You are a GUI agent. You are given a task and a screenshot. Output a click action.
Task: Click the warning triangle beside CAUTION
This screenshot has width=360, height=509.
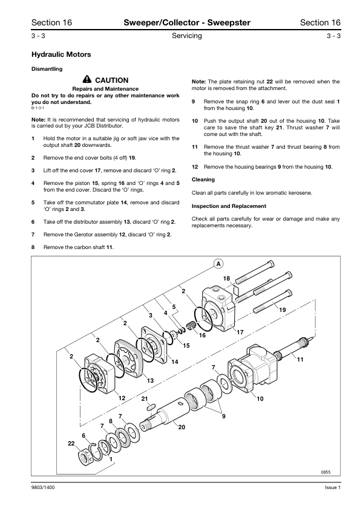pyautogui.click(x=87, y=79)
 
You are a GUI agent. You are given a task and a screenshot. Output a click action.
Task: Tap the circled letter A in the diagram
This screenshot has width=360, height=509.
pyautogui.click(x=218, y=264)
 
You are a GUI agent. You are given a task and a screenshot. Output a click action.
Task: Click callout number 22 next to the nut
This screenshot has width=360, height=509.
pyautogui.click(x=71, y=443)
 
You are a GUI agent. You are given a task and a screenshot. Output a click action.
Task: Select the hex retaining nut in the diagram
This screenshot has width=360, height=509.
pyautogui.click(x=85, y=456)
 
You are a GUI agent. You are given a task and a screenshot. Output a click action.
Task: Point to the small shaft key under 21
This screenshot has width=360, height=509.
pyautogui.click(x=151, y=406)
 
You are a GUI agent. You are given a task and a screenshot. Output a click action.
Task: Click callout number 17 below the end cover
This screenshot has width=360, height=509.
pyautogui.click(x=240, y=332)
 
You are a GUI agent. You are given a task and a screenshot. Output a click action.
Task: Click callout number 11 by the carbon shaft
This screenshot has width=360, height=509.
pyautogui.click(x=300, y=359)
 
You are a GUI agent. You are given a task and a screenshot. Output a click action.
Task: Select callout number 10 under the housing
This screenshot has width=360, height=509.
pyautogui.click(x=260, y=398)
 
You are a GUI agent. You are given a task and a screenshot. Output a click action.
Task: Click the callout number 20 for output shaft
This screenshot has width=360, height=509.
pyautogui.click(x=182, y=427)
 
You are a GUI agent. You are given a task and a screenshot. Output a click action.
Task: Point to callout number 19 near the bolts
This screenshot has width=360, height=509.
pyautogui.click(x=283, y=310)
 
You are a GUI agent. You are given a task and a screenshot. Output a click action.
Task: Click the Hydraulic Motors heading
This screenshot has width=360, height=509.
pyautogui.click(x=61, y=54)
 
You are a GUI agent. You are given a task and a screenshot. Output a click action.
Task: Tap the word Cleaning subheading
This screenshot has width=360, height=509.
pyautogui.click(x=203, y=180)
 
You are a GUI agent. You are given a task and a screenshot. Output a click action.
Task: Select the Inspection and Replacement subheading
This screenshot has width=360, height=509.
pyautogui.click(x=229, y=206)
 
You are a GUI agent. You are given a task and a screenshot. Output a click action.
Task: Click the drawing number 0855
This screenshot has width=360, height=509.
pyautogui.click(x=326, y=472)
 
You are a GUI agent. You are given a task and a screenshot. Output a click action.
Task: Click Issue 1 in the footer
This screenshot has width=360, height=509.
pyautogui.click(x=333, y=487)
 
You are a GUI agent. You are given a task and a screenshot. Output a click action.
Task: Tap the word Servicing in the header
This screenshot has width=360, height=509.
pyautogui.click(x=187, y=36)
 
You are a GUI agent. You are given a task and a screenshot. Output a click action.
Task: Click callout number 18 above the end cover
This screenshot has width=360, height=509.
pyautogui.click(x=226, y=279)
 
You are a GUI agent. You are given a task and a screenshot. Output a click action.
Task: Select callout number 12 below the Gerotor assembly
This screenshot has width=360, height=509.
pyautogui.click(x=122, y=398)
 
